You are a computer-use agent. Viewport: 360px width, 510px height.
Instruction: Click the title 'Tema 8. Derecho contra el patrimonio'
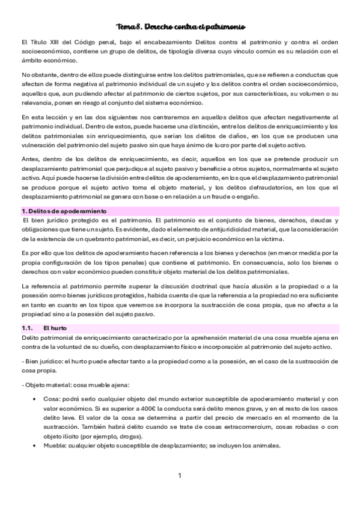180,26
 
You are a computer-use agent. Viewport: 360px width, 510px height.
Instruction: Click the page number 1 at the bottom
180,476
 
